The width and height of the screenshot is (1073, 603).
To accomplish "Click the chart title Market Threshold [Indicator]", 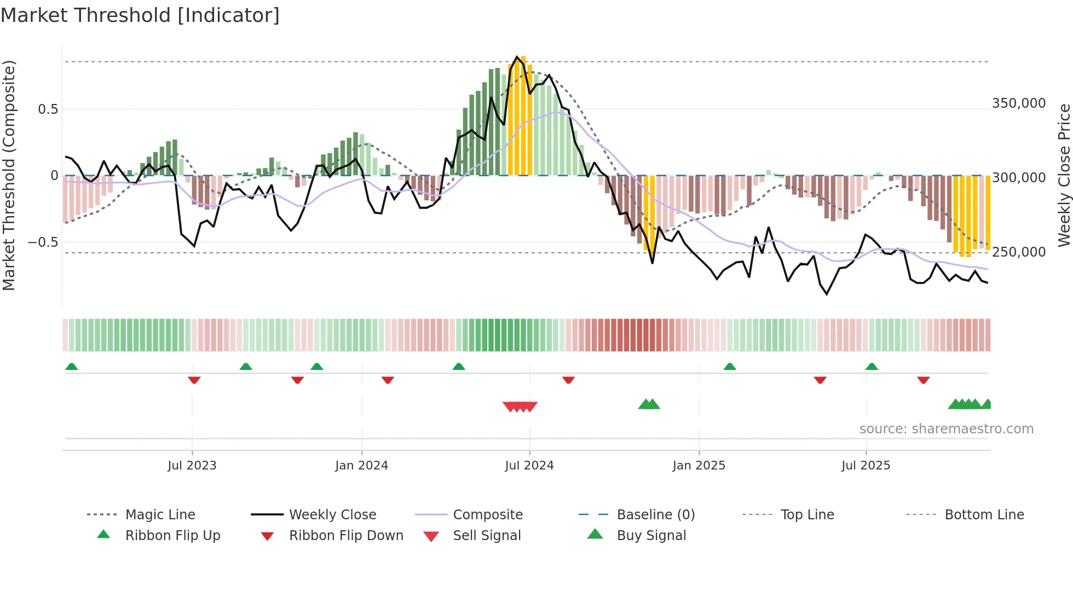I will [x=140, y=15].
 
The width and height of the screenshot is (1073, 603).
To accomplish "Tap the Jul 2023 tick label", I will [x=192, y=466].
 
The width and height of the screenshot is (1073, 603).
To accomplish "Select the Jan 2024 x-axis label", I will [x=361, y=466].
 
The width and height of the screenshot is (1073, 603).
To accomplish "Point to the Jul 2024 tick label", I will [x=529, y=466].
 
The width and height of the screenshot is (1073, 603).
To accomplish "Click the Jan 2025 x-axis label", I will [x=699, y=466].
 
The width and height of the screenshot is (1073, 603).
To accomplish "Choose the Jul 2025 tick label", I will [x=866, y=466].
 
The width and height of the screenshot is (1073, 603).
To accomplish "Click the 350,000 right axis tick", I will [x=1019, y=103].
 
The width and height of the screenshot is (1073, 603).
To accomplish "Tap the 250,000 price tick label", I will [x=1019, y=252].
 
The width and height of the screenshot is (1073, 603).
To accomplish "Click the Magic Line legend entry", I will [x=160, y=515].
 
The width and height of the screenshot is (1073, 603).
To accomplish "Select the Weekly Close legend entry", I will [x=332, y=515].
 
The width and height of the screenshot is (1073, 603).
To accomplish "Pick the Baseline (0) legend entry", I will [x=655, y=515].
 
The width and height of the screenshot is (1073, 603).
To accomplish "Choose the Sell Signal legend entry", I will [x=486, y=536].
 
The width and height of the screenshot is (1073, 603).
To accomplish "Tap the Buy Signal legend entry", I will [x=651, y=536].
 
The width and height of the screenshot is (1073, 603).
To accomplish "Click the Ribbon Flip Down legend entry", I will [x=345, y=536].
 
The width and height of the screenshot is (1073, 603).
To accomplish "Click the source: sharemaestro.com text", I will [x=946, y=429].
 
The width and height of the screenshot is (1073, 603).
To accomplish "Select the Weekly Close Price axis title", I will [x=1064, y=175].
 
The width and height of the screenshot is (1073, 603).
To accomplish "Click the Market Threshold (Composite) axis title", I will [x=9, y=175].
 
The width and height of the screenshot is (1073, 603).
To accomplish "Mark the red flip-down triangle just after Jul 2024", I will [x=568, y=380].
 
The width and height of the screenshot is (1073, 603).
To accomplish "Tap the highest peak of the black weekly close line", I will [x=517, y=57].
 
